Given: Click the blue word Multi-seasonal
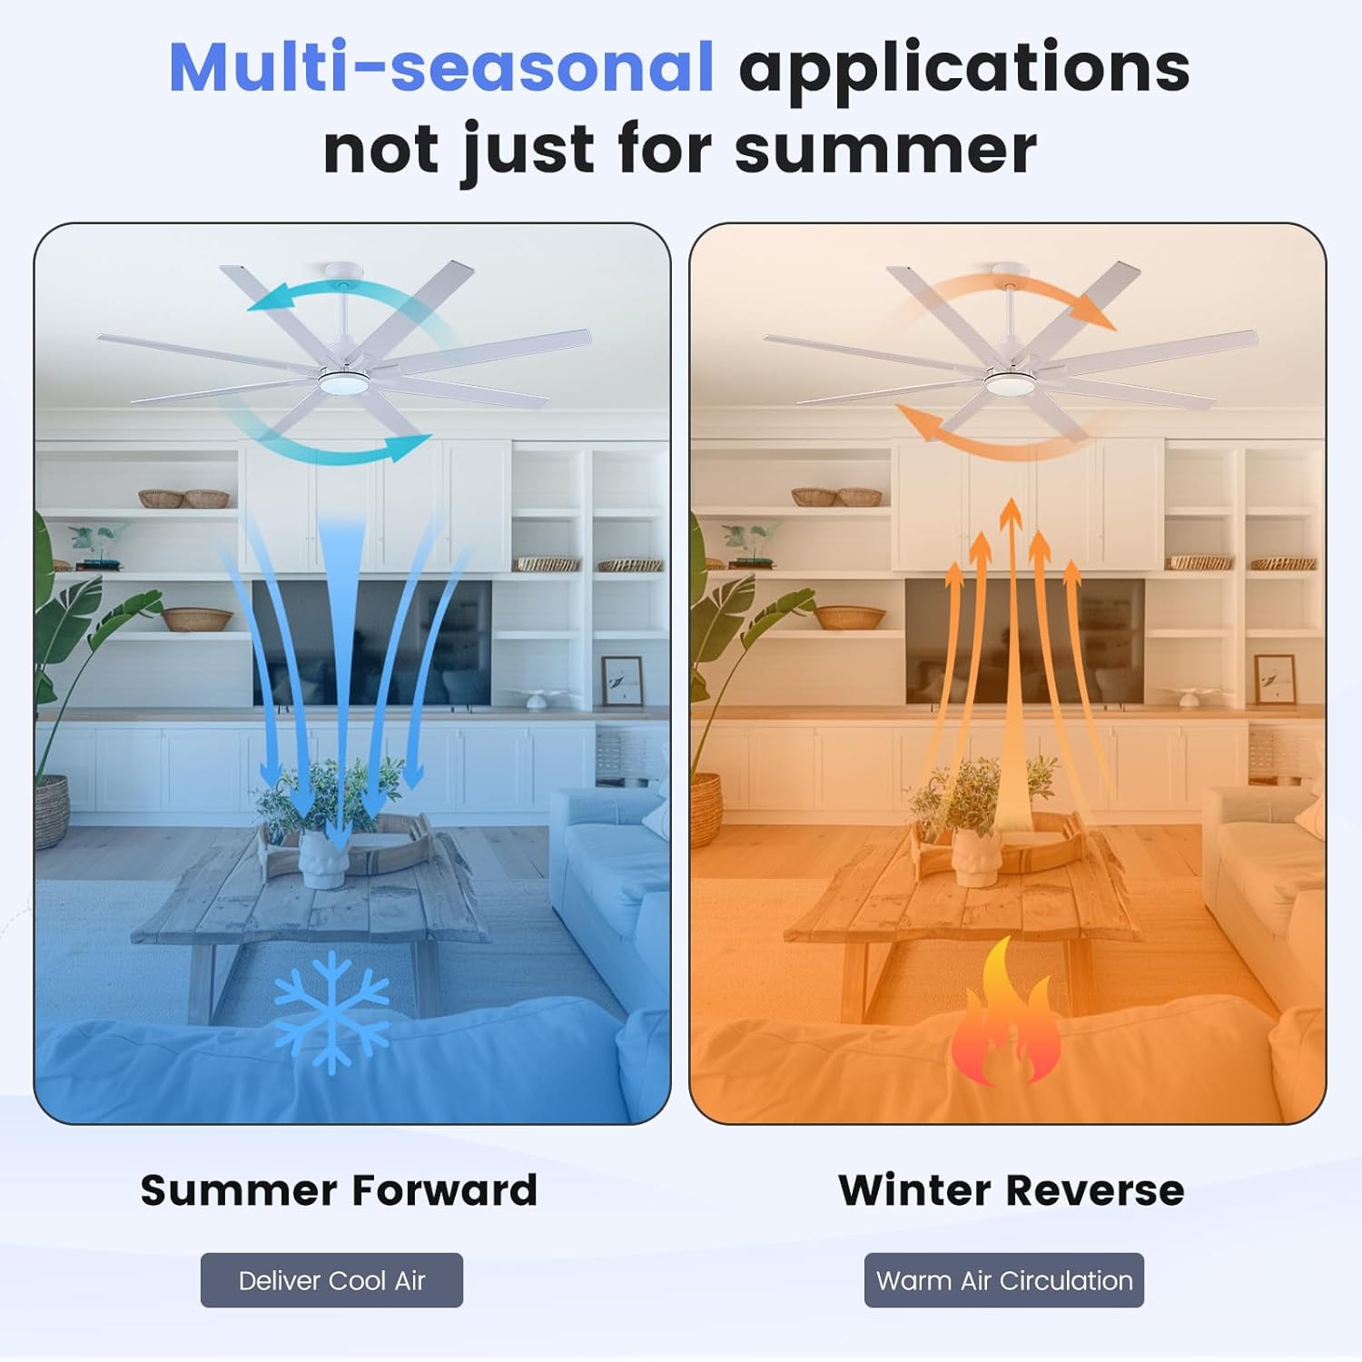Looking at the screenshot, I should pyautogui.click(x=441, y=67).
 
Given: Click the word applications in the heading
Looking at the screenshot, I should pyautogui.click(x=963, y=67).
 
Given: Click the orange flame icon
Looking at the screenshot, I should pyautogui.click(x=1004, y=1017).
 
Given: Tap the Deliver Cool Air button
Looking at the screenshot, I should pyautogui.click(x=331, y=1280).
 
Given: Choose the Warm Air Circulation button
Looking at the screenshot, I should pyautogui.click(x=1003, y=1280).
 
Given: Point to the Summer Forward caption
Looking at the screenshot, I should pyautogui.click(x=339, y=1189).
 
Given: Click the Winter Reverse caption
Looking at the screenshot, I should pyautogui.click(x=1011, y=1189).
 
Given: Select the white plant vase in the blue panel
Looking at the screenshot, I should pyautogui.click(x=323, y=858).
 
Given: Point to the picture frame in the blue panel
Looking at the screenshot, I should pyautogui.click(x=622, y=680).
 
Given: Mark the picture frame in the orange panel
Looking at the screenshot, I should pyautogui.click(x=1275, y=680).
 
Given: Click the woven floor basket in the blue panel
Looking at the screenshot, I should pyautogui.click(x=52, y=811).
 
